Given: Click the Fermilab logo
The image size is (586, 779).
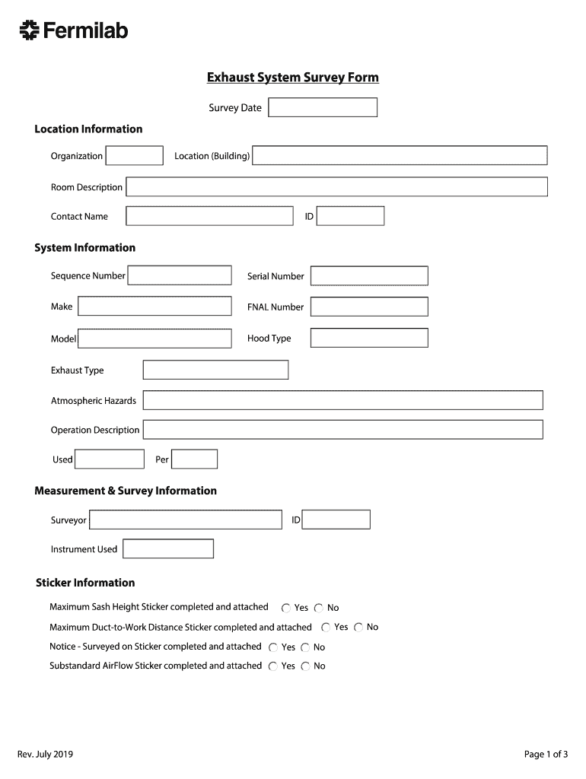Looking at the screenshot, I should [73, 30].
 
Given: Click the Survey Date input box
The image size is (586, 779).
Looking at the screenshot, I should [323, 107].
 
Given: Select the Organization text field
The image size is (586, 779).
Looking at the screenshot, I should [135, 156].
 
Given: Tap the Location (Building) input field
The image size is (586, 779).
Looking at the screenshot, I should [400, 156].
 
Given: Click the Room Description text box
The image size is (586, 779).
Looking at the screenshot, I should [336, 187].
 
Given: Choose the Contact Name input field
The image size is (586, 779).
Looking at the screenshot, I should [209, 216].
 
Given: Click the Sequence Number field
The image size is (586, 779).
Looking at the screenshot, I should [180, 275].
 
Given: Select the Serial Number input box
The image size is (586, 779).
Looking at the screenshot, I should [369, 276].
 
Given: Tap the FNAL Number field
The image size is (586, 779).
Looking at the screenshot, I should [369, 307].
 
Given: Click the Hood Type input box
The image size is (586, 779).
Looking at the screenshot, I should [369, 338].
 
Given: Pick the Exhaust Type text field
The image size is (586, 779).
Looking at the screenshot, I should [215, 370].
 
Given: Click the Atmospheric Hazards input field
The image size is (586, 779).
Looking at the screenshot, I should [342, 400].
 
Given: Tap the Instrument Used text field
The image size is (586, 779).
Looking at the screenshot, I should [168, 548].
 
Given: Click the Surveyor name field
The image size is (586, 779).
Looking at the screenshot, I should [185, 520].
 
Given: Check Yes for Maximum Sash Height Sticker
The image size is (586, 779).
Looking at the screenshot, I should [286, 609].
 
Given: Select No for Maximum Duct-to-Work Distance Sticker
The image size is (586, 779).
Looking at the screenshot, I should [358, 628].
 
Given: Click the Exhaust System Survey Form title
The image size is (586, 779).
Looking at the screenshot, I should [293, 78].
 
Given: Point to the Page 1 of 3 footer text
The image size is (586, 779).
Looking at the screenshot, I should [546, 755].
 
